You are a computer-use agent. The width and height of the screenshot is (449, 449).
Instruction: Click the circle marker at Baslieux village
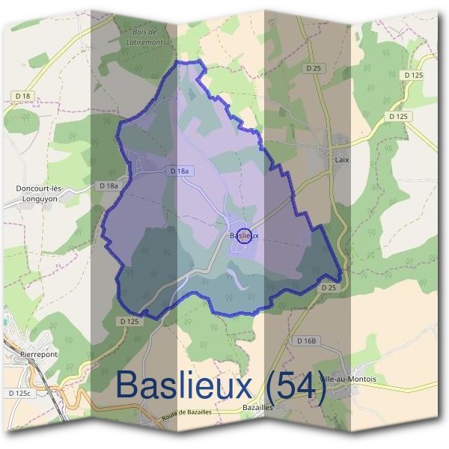[243, 235]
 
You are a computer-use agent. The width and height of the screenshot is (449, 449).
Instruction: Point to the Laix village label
[342, 160]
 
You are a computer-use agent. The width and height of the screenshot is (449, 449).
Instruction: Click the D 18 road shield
[25, 97]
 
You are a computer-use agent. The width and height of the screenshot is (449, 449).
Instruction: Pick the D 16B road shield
[307, 341]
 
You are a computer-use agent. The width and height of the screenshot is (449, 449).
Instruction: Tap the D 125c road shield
[20, 393]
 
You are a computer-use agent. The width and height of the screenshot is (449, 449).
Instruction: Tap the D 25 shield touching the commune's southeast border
[328, 287]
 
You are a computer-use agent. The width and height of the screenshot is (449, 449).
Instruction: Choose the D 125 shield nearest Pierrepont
[129, 321]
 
